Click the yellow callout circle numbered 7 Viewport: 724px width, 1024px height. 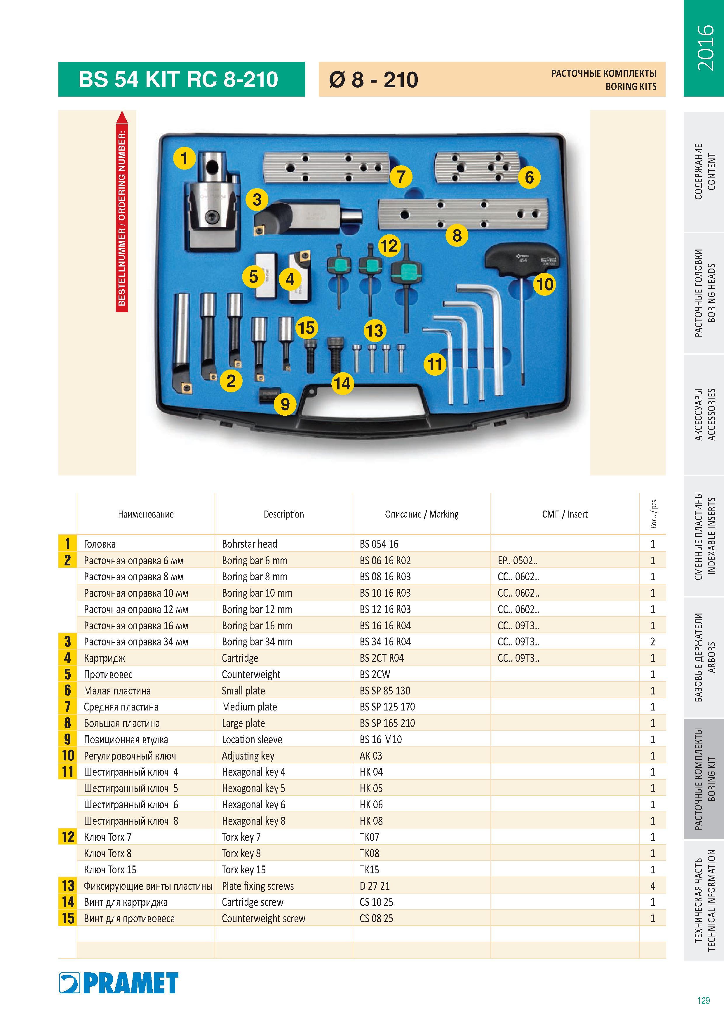pos(401,177)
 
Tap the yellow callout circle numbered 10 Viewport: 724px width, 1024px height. pos(545,284)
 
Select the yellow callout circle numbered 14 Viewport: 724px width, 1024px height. pos(343,383)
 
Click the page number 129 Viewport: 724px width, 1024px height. pos(704,1000)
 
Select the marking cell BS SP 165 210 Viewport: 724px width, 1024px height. pos(387,723)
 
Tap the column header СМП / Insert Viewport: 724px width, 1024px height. pos(565,514)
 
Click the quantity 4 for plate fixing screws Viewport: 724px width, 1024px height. pos(653,886)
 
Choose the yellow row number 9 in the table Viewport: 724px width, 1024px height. pos(67,739)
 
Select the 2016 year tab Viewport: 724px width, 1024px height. pos(704,48)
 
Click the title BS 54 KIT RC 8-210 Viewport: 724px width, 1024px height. pos(178,79)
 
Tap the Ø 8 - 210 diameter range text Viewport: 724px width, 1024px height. pos(374,80)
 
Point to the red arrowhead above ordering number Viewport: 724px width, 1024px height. pos(122,117)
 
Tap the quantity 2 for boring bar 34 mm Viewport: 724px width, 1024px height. pos(653,642)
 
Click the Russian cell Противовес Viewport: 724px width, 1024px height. pos(108,674)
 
